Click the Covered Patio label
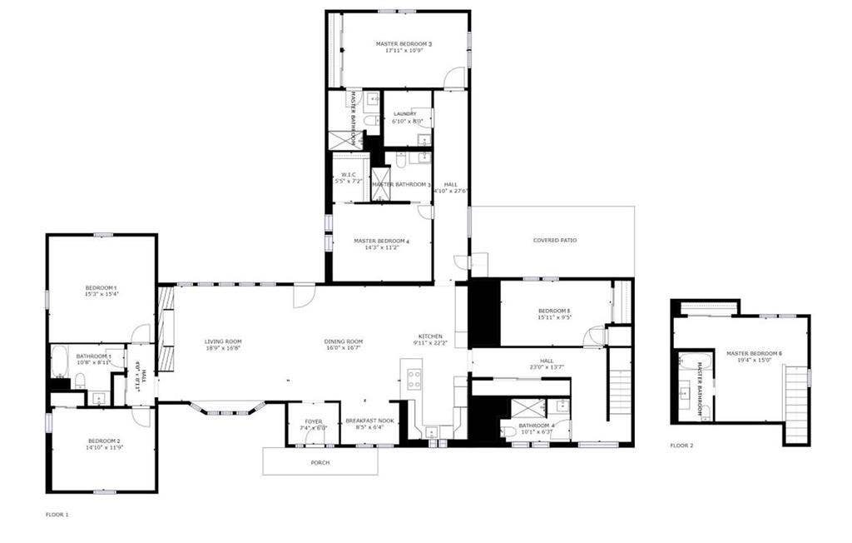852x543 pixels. coord(555,241)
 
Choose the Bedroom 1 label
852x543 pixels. coord(101,290)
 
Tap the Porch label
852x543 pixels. coord(319,463)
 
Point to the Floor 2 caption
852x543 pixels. coord(681,446)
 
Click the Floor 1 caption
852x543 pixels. coord(57,515)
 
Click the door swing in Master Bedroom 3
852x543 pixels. coord(453,79)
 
